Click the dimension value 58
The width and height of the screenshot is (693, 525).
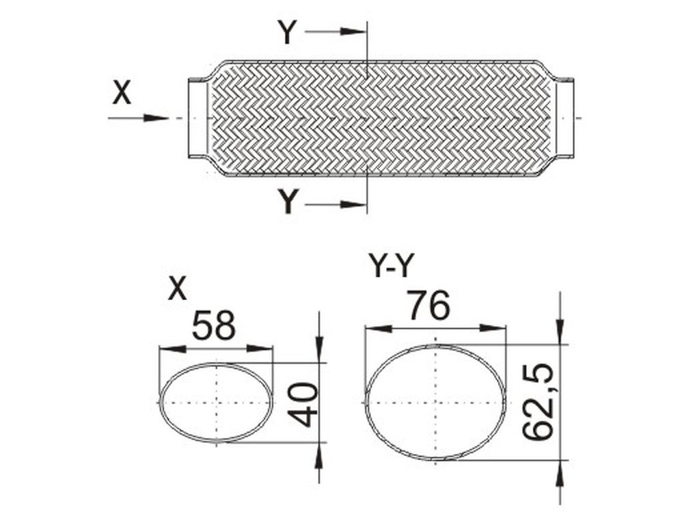[x=215, y=325]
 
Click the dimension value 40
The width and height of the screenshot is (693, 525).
[x=303, y=405]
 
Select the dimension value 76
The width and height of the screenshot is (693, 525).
[x=429, y=305]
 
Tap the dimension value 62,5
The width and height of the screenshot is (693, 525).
[x=538, y=402]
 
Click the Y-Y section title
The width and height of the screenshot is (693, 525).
[x=392, y=267]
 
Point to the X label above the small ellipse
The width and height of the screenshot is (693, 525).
[x=178, y=289]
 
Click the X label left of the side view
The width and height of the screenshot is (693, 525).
[x=122, y=93]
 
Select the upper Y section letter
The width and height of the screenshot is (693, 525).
[x=287, y=32]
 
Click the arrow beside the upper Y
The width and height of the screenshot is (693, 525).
[x=336, y=31]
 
